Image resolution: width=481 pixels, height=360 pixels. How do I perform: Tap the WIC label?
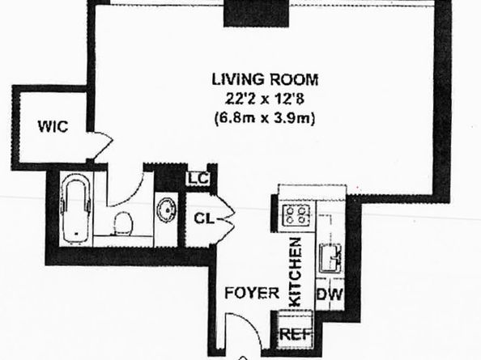pos(52,127)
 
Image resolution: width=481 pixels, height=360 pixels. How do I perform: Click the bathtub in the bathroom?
pos(76,211)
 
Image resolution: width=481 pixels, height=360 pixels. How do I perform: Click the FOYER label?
pos(248,293)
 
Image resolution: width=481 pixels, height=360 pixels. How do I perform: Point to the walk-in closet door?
pos(100,146)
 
